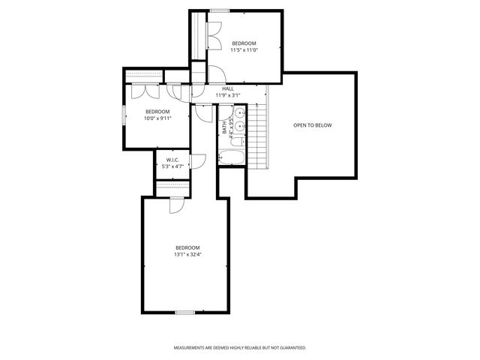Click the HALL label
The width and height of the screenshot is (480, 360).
[228, 88]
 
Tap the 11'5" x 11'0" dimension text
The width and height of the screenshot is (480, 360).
[244, 50]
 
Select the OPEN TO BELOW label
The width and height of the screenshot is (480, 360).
[312, 125]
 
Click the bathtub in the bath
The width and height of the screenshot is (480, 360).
[231, 157]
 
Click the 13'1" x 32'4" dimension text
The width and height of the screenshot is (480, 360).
[187, 254]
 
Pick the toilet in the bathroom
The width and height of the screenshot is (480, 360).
[237, 140]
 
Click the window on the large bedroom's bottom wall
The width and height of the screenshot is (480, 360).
[185, 311]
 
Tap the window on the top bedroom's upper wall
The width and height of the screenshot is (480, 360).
[220, 10]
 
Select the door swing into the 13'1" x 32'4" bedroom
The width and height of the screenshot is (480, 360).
[176, 204]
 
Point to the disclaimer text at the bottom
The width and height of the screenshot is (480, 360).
[240, 348]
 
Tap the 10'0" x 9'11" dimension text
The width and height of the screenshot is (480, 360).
[157, 118]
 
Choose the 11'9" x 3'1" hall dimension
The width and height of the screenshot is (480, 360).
[228, 95]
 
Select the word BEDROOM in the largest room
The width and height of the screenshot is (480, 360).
[187, 247]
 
